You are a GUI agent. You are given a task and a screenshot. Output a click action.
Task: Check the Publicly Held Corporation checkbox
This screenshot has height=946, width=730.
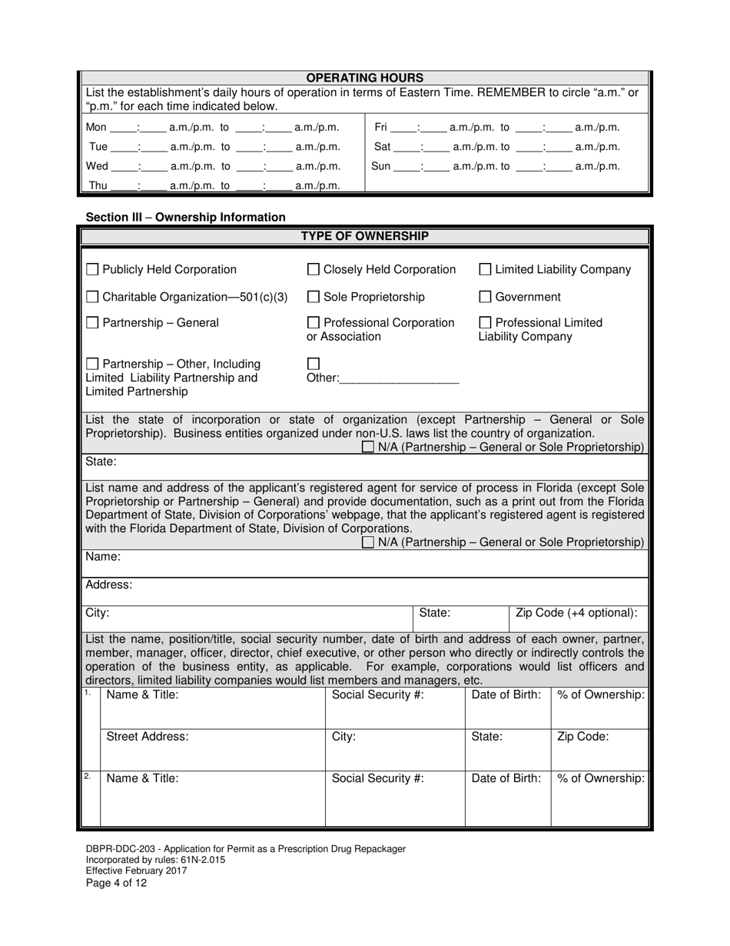(92, 269)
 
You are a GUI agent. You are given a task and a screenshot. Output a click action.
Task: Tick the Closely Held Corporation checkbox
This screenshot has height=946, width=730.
(314, 269)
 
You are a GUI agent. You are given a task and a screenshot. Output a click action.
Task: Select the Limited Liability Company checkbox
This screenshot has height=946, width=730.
(486, 269)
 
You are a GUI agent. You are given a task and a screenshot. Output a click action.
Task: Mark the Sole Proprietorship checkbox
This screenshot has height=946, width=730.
(314, 297)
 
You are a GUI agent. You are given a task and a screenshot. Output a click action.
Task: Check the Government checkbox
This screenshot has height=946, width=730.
(486, 297)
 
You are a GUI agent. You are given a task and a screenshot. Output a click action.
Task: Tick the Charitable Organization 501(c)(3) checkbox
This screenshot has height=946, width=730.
(92, 297)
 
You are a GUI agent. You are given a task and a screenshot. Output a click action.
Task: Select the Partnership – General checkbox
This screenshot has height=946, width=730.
(92, 323)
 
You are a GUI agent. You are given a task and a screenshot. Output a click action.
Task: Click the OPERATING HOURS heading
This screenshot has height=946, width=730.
(365, 78)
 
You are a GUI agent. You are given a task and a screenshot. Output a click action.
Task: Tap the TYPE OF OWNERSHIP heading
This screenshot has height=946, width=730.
(365, 236)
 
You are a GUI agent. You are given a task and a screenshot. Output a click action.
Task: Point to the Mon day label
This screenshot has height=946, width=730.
(96, 128)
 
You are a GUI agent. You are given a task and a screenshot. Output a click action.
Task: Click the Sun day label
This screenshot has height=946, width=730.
(381, 166)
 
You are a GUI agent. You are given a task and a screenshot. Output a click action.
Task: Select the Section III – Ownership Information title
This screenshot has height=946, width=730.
(185, 218)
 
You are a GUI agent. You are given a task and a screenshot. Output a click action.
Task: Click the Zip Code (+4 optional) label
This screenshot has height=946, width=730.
(576, 613)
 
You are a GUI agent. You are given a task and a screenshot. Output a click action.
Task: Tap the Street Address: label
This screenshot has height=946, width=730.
(147, 736)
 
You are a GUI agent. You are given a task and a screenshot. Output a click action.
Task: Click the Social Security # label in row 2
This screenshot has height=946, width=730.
(377, 778)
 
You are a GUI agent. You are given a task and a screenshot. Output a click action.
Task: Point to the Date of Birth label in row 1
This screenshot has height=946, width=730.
(506, 695)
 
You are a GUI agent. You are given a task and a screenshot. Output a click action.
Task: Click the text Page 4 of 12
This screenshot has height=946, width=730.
(116, 883)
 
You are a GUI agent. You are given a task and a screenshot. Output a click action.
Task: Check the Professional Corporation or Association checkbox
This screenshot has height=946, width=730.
(314, 323)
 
